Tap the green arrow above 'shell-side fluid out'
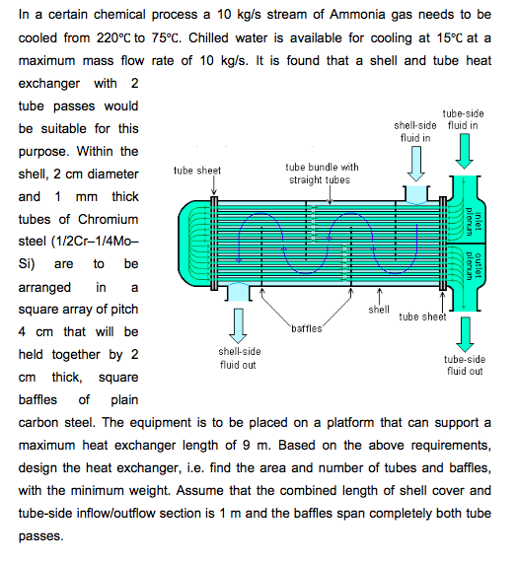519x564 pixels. [x=237, y=320]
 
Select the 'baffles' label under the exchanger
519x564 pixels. [x=308, y=326]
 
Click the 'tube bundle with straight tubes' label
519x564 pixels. [x=322, y=174]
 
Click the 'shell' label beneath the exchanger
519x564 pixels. [x=379, y=310]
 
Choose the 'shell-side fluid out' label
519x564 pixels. [x=239, y=356]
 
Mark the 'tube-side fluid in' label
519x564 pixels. [x=462, y=120]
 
